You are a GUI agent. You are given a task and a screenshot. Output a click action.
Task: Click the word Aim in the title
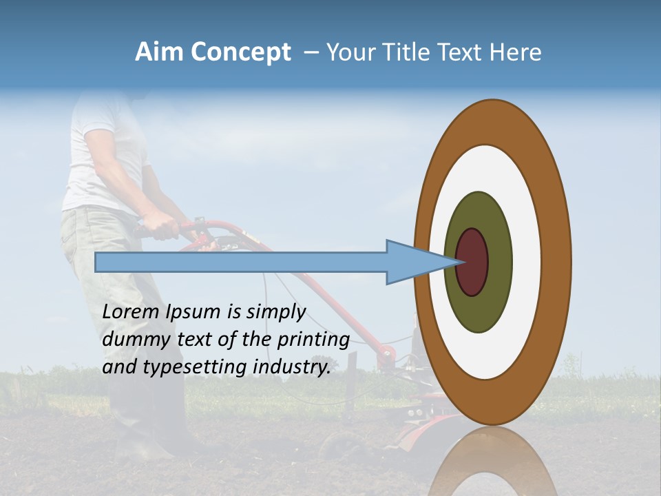point(160,52)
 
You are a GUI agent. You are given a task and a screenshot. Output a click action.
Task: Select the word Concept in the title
point(241,53)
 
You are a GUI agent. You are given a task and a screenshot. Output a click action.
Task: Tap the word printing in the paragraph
point(313,340)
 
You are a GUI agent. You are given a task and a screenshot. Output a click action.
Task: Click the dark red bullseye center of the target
point(472,262)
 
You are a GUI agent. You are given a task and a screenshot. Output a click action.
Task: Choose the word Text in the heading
point(461,52)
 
